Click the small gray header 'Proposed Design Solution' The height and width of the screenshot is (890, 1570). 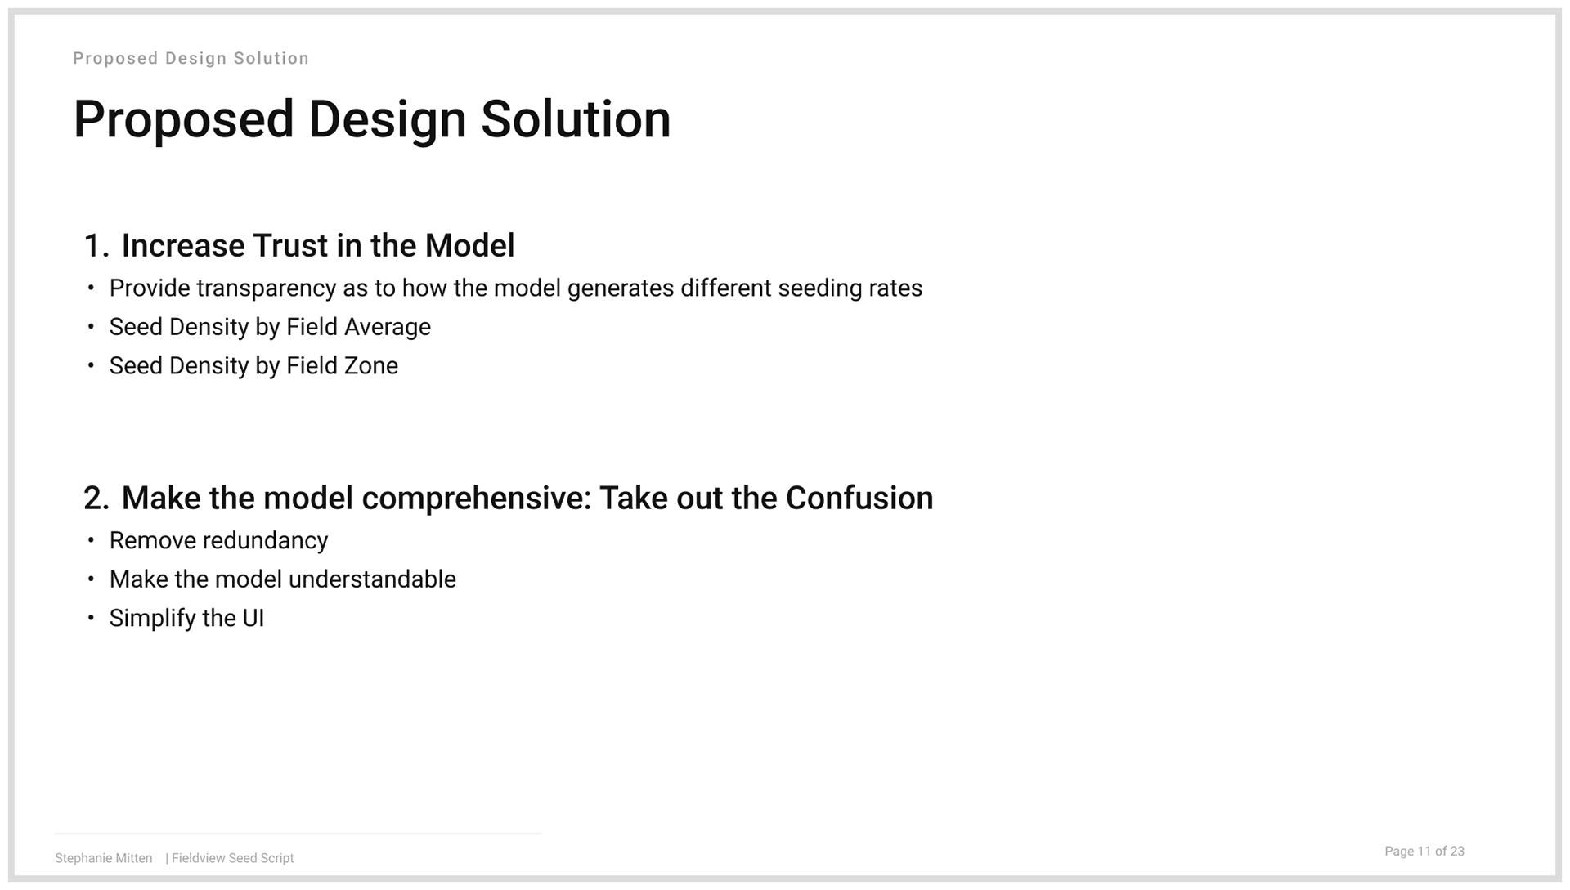pos(191,59)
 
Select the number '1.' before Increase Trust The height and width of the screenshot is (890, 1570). pos(96,246)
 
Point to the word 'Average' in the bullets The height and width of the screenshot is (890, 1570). pos(388,328)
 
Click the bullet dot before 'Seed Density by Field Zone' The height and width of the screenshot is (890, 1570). pos(91,365)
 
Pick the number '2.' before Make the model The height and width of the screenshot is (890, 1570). pos(96,499)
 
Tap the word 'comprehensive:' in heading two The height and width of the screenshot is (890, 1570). pos(477,499)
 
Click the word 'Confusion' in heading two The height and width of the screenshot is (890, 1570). pos(859,499)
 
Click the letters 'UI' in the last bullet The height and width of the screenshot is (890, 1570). pos(253,619)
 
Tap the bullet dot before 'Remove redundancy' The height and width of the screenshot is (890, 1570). pos(91,540)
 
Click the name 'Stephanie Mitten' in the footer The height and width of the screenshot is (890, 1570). pos(104,858)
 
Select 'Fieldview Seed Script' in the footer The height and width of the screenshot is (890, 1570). pos(233,858)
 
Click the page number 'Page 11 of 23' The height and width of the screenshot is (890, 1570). pos(1424,852)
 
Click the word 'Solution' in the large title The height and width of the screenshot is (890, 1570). pos(576,120)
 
